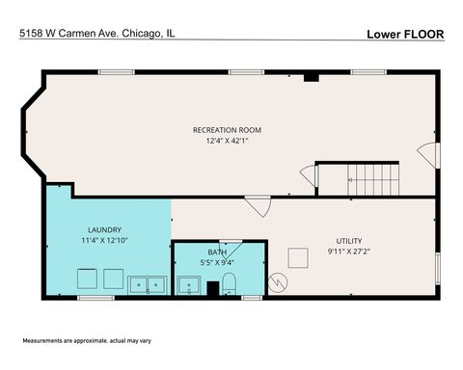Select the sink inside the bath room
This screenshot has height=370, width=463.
tap(188, 285)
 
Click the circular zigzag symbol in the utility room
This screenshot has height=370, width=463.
tap(279, 283)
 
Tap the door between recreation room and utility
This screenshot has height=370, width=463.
tap(258, 204)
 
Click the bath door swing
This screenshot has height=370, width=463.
tap(230, 248)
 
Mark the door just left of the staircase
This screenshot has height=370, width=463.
tap(308, 176)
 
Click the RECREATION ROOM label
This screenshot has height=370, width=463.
tap(227, 130)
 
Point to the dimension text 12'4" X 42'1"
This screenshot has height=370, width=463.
tap(227, 142)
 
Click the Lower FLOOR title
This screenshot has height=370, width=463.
tap(405, 34)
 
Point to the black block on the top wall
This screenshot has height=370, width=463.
tap(311, 77)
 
